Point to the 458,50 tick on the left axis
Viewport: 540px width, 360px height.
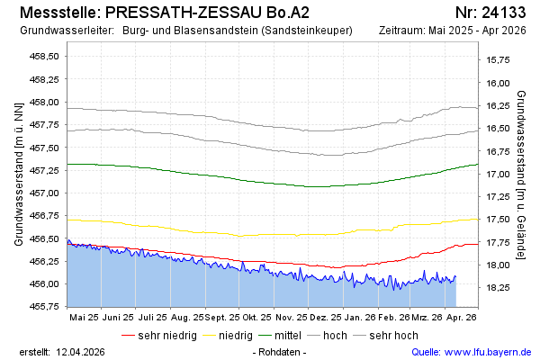[x=46, y=56]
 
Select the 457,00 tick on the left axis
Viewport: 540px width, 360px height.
[x=46, y=193]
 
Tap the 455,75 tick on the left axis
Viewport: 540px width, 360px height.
[x=46, y=306]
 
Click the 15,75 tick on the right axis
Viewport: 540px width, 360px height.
[x=498, y=59]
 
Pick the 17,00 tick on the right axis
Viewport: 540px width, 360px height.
[x=498, y=174]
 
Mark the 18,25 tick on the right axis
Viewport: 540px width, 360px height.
[x=498, y=287]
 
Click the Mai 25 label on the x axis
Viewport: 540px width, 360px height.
[x=84, y=317]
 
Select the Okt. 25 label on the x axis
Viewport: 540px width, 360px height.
[x=256, y=317]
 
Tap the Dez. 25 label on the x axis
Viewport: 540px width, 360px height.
[x=327, y=317]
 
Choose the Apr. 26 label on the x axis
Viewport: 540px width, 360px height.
[x=461, y=317]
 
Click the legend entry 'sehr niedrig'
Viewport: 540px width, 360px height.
[x=166, y=335]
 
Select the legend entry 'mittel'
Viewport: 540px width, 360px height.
[x=284, y=335]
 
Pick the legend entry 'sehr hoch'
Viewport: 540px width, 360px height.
[x=393, y=335]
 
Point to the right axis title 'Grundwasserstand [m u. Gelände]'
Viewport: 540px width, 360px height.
[x=521, y=175]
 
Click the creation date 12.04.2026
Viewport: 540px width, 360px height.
[x=81, y=351]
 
